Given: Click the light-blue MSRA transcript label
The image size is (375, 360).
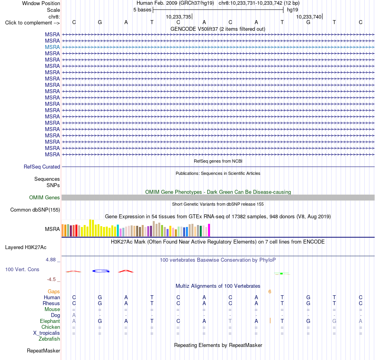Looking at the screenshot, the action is click(x=52, y=47).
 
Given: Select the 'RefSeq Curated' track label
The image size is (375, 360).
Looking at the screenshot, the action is click(x=42, y=167).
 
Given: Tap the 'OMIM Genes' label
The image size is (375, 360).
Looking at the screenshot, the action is click(x=45, y=198).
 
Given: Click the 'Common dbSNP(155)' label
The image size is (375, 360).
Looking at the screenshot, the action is click(x=35, y=210).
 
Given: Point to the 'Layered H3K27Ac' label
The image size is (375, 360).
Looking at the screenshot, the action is click(x=26, y=247).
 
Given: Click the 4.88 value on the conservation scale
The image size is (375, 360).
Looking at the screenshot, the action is click(x=51, y=260).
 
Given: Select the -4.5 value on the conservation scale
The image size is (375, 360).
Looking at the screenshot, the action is click(x=51, y=279).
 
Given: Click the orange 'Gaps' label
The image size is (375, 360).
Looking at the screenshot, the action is click(x=54, y=291).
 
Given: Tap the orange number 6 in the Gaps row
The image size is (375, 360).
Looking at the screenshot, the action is click(x=270, y=291).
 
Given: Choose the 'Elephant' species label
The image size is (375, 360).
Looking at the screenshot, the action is click(x=50, y=321).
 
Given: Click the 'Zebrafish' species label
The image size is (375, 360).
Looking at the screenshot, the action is click(x=49, y=339).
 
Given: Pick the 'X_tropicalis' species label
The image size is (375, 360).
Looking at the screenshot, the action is click(x=47, y=333).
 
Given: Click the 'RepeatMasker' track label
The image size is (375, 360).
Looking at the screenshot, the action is click(x=43, y=351).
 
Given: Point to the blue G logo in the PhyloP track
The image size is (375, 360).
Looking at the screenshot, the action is click(x=101, y=271).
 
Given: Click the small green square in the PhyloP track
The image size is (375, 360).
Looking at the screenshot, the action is click(x=281, y=274).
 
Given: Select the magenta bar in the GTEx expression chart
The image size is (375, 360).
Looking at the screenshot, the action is click(x=209, y=230).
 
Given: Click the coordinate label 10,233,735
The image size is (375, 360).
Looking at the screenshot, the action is click(x=179, y=17).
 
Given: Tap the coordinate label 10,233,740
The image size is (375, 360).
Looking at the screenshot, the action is click(x=309, y=17).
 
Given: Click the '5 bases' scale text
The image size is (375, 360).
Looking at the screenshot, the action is click(x=142, y=10).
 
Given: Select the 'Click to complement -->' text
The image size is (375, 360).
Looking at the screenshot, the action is click(x=32, y=23).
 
